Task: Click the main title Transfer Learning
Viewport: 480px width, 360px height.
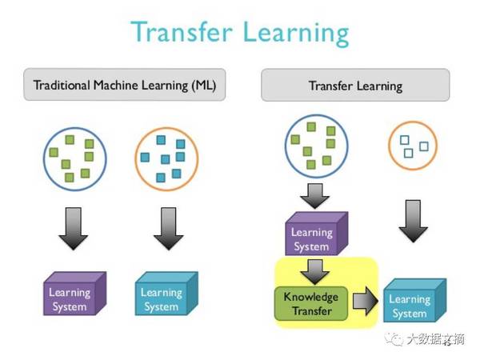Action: (x=240, y=33)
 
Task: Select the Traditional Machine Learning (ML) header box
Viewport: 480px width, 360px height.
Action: (x=125, y=85)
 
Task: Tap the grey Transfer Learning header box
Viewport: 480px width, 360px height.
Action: (x=355, y=85)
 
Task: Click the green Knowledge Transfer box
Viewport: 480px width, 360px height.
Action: (x=311, y=304)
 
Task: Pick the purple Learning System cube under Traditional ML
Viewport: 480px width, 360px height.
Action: (x=74, y=294)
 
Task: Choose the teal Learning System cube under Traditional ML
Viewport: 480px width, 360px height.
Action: (x=166, y=294)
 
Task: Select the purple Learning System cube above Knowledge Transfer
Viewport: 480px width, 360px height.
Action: (x=316, y=234)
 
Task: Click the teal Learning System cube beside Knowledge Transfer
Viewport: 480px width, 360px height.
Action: (x=414, y=300)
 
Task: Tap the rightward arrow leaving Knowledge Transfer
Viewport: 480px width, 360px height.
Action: (x=366, y=302)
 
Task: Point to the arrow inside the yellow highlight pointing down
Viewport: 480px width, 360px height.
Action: (x=315, y=272)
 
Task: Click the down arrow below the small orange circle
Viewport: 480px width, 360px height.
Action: (x=414, y=221)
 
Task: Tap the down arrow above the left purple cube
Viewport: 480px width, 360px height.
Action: (x=74, y=229)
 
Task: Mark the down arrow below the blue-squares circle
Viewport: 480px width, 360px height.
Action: (x=168, y=229)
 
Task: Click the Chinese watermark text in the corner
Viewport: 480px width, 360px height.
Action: (x=435, y=339)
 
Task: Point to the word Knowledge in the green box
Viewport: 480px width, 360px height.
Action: (x=311, y=297)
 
